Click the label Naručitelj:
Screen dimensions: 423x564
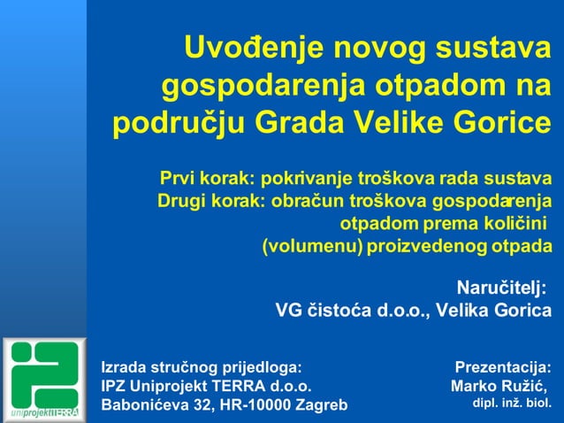501,288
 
